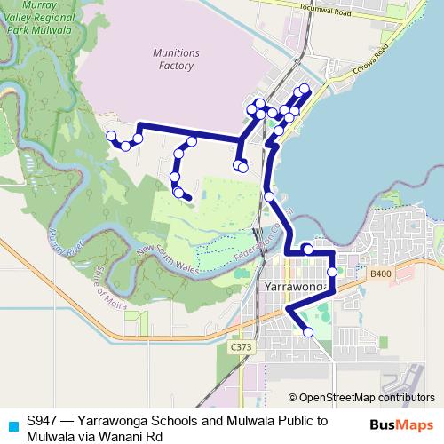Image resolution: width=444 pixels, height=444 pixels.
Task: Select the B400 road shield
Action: [x=381, y=274]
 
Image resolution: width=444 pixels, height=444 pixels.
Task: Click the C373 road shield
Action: [x=240, y=347]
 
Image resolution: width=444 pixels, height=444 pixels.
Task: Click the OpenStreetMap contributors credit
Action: [x=368, y=397]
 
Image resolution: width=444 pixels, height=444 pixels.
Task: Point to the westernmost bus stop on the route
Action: [x=111, y=136]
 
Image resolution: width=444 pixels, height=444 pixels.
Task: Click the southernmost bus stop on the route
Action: [x=308, y=332]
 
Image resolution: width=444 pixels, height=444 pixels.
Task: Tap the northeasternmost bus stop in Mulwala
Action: [x=305, y=88]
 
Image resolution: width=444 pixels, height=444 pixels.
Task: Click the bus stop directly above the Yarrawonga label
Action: [x=306, y=250]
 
